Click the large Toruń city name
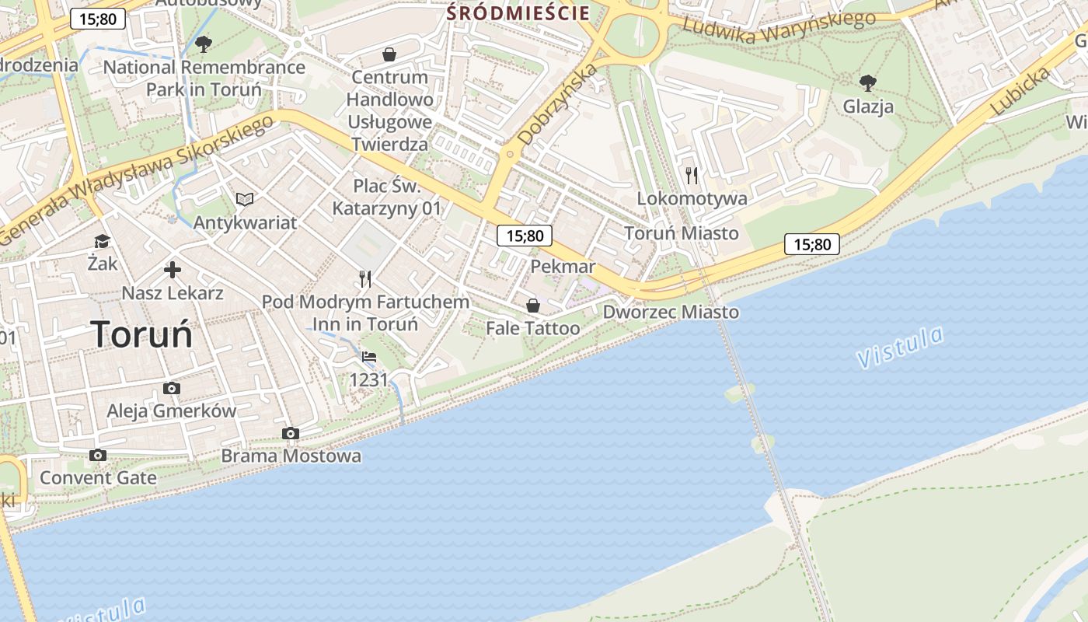[142, 334]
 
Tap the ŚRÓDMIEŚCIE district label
[518, 12]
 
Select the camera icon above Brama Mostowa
[291, 433]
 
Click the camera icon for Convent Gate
[97, 455]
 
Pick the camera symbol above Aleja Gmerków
[172, 388]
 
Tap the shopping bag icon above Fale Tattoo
[533, 306]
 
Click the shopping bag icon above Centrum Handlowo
[389, 54]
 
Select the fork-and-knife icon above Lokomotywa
[692, 176]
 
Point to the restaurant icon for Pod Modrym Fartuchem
[365, 279]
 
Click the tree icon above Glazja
[868, 82]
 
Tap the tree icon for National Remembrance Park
[204, 44]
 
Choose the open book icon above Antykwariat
[245, 200]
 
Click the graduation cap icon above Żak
[102, 241]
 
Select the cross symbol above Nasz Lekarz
[173, 270]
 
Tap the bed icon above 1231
[369, 358]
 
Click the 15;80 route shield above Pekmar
[525, 236]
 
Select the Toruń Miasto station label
[682, 232]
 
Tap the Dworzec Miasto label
[671, 312]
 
